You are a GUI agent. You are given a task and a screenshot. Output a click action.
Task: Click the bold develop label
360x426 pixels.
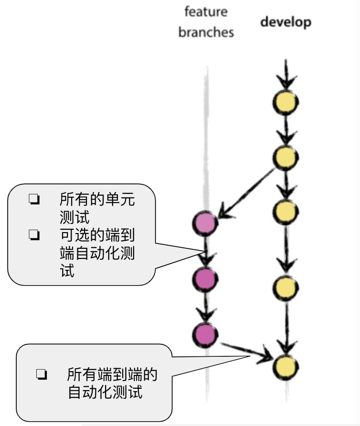click(286, 22)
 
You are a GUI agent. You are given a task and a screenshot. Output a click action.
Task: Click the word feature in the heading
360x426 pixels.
click(206, 11)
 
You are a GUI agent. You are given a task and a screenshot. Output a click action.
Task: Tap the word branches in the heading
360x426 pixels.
click(206, 32)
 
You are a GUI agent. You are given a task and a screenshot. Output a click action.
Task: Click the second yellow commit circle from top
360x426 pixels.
click(286, 156)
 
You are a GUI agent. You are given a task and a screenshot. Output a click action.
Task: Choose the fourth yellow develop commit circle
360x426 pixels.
click(286, 287)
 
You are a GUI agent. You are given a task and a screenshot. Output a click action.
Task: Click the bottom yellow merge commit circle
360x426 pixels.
click(286, 367)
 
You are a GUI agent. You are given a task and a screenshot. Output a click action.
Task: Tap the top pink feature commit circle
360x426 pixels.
click(205, 223)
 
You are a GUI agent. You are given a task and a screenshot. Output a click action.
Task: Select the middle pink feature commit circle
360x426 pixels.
click(205, 279)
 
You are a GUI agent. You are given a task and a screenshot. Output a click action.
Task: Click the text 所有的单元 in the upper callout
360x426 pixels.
click(97, 199)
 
